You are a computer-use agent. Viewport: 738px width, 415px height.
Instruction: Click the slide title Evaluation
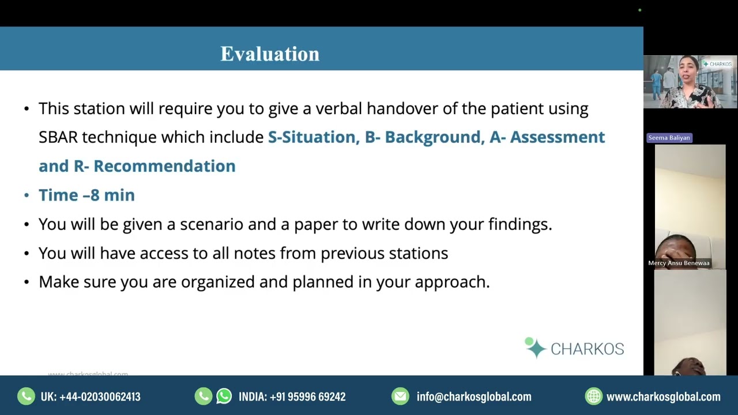coord(270,54)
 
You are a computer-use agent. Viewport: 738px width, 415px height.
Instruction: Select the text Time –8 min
coord(86,195)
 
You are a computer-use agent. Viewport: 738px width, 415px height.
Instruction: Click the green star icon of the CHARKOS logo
coord(535,348)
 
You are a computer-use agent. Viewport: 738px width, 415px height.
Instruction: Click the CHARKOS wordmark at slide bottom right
coord(587,349)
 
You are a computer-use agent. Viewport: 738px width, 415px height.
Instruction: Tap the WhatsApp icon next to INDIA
coord(224,396)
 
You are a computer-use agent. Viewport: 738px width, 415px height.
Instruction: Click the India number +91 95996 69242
coord(307,397)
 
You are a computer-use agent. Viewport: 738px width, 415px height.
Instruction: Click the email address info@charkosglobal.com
coord(474,397)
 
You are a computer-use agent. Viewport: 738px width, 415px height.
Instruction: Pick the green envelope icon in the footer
coord(400,396)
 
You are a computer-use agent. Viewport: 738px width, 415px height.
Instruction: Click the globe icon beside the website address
coord(593,396)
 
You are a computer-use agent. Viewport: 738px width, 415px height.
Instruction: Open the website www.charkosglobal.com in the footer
coord(663,397)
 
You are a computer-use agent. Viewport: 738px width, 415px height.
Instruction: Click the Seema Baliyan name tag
coord(669,138)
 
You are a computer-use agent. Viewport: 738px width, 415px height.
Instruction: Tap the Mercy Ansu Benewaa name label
coord(679,263)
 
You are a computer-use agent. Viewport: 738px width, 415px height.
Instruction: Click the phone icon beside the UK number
coord(26,396)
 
